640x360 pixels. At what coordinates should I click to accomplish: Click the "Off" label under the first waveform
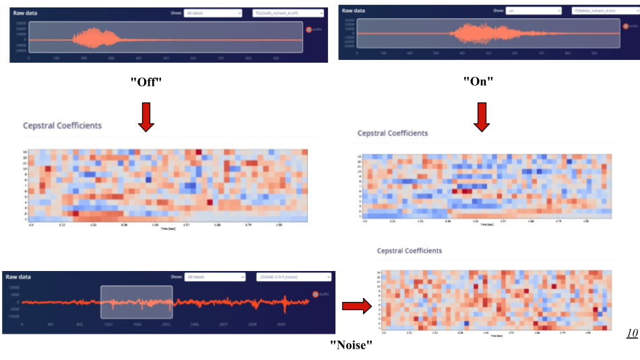[x=146, y=82]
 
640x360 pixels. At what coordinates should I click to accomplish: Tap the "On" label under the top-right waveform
[x=478, y=82]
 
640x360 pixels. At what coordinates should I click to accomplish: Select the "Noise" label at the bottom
[x=350, y=344]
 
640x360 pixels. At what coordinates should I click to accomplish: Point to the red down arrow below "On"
[x=481, y=115]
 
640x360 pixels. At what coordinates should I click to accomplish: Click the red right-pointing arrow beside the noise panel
[x=356, y=307]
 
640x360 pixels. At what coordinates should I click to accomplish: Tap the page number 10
[x=631, y=333]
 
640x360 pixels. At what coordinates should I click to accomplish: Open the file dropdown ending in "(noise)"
[x=294, y=277]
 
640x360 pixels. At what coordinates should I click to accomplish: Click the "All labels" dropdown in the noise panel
[x=216, y=277]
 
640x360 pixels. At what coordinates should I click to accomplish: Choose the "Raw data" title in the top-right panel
[x=354, y=11]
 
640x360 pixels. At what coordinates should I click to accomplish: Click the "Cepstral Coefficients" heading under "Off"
[x=63, y=125]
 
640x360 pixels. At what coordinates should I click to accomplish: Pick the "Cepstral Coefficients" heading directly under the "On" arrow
[x=392, y=133]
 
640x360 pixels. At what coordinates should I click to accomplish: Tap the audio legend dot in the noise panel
[x=315, y=294]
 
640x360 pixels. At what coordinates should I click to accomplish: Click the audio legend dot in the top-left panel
[x=309, y=30]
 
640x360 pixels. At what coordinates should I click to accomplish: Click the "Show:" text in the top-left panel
[x=176, y=13]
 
